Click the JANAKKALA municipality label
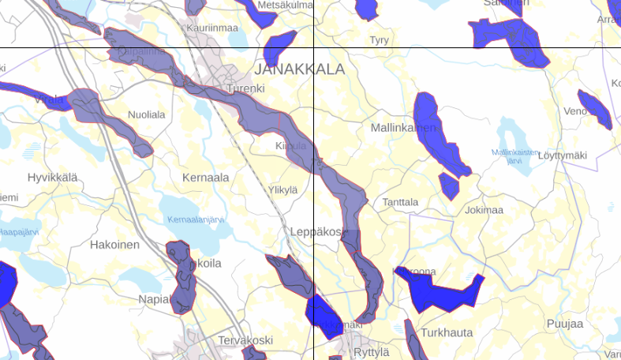(x=300, y=69)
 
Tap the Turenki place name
(x=245, y=88)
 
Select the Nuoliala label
(x=147, y=114)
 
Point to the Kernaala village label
(x=205, y=178)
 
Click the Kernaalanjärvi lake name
(x=197, y=220)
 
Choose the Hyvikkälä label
(x=53, y=178)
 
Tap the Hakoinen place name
(x=114, y=245)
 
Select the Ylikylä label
(x=283, y=189)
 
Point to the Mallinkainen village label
(x=403, y=127)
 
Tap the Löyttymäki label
(x=563, y=156)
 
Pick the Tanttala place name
(x=400, y=202)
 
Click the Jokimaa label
(x=484, y=210)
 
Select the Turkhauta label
(x=447, y=333)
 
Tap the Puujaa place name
(x=564, y=324)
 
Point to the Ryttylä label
(x=372, y=352)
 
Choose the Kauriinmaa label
(x=212, y=28)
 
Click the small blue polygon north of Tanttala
(x=449, y=186)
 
